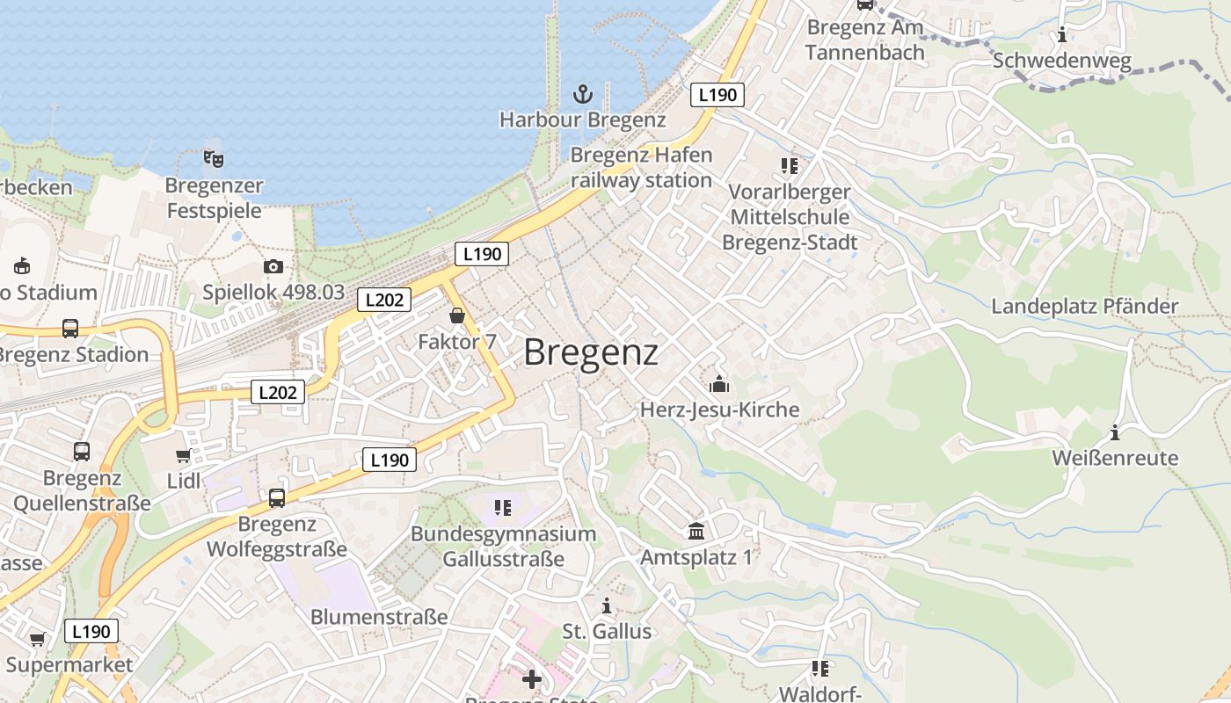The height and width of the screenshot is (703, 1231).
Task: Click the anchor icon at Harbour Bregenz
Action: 582,93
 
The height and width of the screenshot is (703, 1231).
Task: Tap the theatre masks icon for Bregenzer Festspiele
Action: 214,159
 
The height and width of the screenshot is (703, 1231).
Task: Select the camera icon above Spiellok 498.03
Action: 273,266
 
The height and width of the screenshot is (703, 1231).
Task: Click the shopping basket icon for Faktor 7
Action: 457,315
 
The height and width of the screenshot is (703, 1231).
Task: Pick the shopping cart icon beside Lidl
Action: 183,455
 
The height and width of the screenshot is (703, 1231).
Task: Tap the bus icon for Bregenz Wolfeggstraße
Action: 277,498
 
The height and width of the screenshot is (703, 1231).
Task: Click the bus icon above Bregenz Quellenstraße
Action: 82,452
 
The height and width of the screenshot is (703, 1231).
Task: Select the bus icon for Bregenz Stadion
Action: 70,329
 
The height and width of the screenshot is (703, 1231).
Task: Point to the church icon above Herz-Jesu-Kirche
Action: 719,384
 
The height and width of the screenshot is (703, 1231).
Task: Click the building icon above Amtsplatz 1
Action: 697,531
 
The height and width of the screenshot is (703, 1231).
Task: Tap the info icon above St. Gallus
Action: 606,605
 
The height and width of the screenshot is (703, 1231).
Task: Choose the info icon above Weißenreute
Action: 1115,432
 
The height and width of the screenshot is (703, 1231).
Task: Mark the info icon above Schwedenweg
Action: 1062,35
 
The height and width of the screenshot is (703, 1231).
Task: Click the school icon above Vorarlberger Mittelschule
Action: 790,165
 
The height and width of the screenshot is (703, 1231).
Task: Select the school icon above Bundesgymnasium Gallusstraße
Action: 503,507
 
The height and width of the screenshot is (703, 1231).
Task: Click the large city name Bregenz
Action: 591,352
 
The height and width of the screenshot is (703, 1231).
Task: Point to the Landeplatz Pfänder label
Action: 1084,307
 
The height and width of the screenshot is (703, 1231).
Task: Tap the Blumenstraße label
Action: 379,617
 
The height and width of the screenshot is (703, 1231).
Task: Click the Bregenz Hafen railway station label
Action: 641,168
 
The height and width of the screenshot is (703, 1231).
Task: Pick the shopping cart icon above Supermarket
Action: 37,639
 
